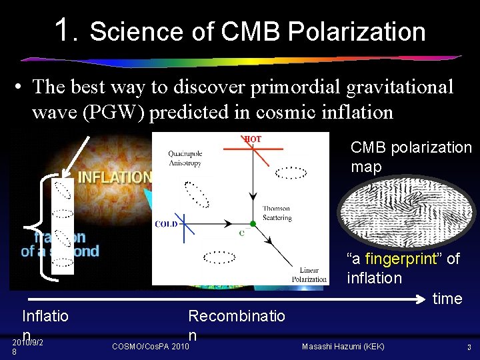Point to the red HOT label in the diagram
pos(253,139)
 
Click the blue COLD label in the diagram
pos(166,224)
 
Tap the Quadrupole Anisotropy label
pos(185,157)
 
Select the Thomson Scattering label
pos(276,213)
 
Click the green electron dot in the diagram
pos(253,223)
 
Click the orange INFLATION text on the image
pos(114,177)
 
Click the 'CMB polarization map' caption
pos(411,157)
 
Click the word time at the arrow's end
pos(447,299)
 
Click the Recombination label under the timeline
pos(236,316)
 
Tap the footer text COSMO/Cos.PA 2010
pos(150,347)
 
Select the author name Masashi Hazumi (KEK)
pos(343,347)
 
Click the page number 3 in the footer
pos(469,347)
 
